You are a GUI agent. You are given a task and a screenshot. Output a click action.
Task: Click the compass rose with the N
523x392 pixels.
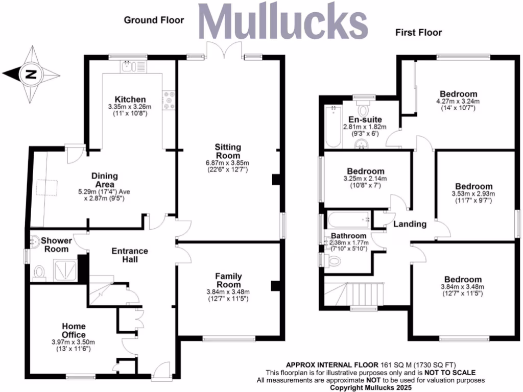pos(31,75)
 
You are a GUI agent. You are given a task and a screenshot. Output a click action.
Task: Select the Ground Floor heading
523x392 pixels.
pos(154,20)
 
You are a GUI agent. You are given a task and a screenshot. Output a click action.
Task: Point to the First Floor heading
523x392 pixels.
pos(418,33)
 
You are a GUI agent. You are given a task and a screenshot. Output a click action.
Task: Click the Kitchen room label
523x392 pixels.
pos(130,99)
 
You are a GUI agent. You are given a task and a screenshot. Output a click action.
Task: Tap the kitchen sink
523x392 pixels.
pos(132,66)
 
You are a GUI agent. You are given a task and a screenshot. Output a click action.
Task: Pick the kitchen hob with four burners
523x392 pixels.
pos(169,100)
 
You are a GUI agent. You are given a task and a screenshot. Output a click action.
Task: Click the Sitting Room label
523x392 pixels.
pos(227,151)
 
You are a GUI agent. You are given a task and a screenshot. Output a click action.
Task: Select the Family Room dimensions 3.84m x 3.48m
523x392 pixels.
pos(228,292)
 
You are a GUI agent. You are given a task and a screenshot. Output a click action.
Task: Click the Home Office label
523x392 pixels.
pos(74,330)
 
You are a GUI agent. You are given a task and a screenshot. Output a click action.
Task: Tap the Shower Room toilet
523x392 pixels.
pos(39,273)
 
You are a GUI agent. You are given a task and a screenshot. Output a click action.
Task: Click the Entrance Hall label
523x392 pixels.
pos(130,255)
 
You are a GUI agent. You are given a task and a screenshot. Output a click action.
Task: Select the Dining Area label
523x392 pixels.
pos(105,180)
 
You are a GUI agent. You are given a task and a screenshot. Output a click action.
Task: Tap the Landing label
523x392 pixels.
pos(410,224)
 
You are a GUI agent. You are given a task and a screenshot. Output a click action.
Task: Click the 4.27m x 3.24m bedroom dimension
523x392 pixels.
pos(459,102)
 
